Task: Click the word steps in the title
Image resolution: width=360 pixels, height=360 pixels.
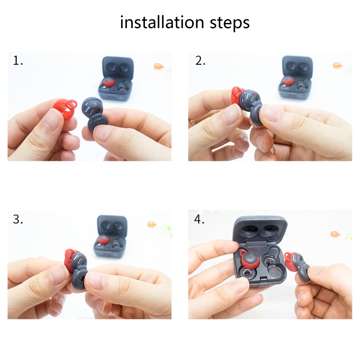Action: tap(229, 23)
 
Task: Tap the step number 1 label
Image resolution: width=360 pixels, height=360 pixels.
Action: tap(18, 61)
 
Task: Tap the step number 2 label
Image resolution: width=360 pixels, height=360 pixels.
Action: tap(200, 61)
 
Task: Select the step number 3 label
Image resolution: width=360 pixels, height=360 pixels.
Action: tap(18, 219)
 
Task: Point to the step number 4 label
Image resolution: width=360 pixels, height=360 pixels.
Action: tap(199, 219)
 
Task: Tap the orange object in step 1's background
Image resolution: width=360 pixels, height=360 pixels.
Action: tap(158, 67)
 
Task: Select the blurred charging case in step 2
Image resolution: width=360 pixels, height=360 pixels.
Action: tap(296, 77)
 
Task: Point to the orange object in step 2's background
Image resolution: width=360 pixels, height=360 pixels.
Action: tap(337, 65)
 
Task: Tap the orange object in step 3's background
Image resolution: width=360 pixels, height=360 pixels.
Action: tap(152, 224)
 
